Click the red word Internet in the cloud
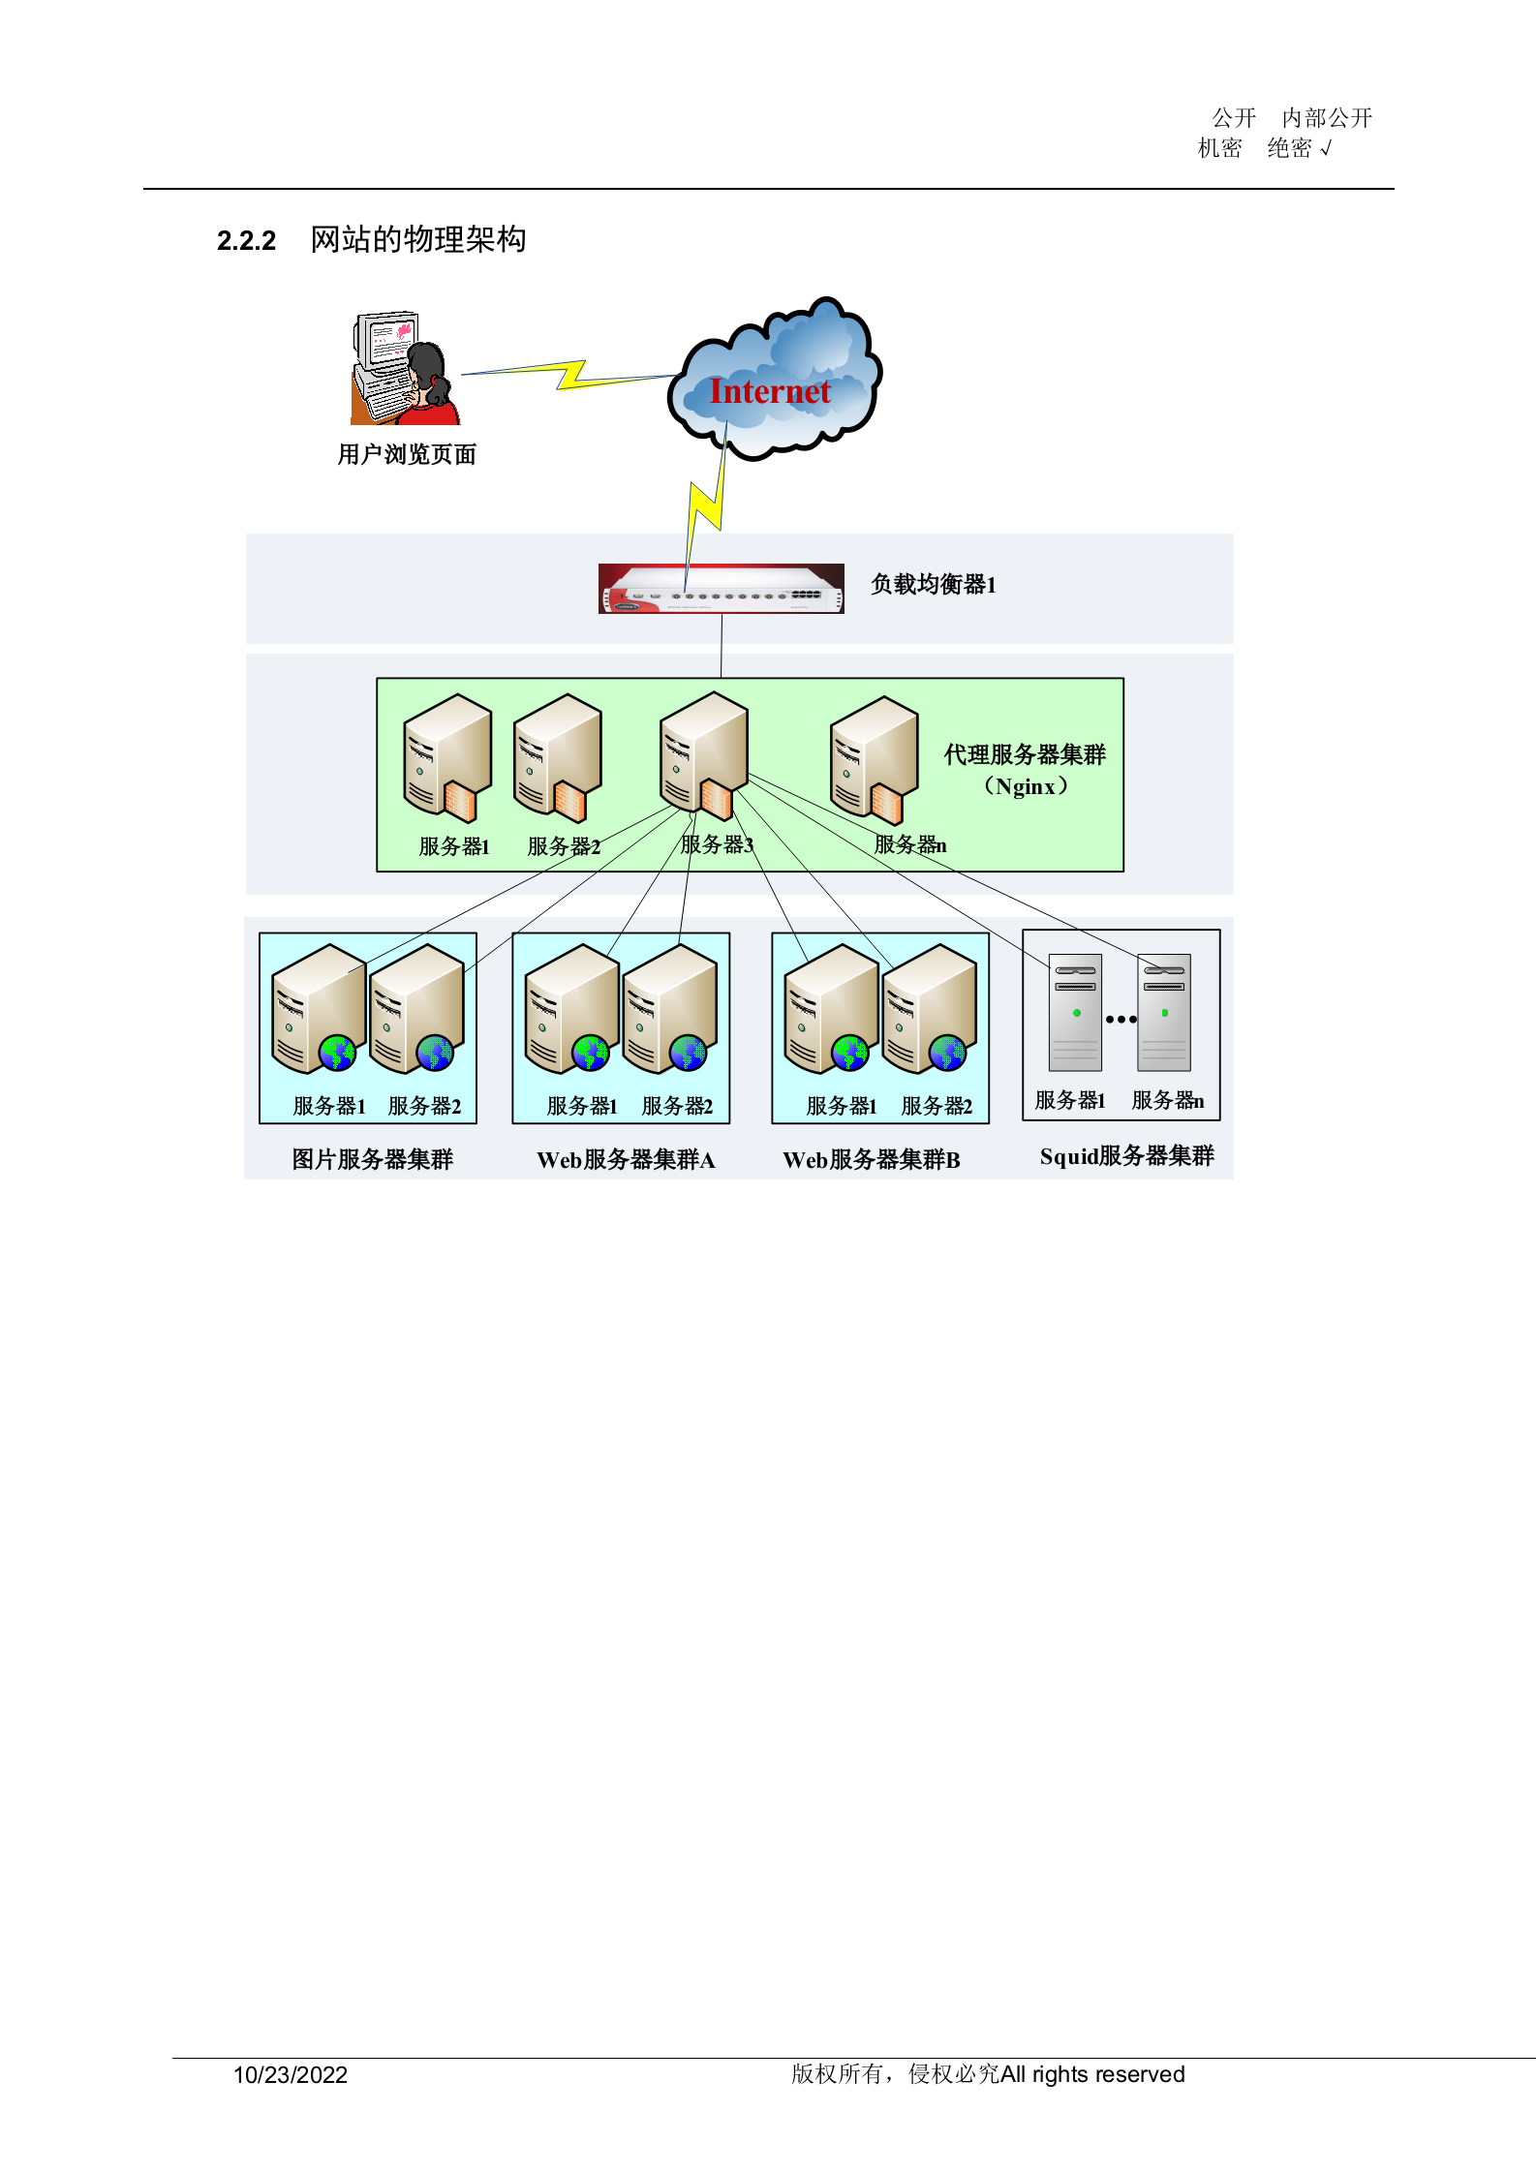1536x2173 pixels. tap(770, 391)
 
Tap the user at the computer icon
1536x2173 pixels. tap(406, 369)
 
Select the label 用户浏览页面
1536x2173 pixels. tap(407, 454)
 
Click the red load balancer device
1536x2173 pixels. tap(722, 589)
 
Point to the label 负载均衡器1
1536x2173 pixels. tap(934, 584)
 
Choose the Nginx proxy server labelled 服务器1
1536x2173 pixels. tap(447, 757)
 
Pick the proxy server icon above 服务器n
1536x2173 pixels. tap(875, 759)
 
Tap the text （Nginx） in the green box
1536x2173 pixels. tap(1026, 786)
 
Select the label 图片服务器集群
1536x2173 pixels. tap(373, 1159)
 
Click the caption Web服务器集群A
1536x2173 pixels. tap(626, 1159)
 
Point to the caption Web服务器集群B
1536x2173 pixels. tap(872, 1159)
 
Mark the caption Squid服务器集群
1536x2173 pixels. tap(1126, 1155)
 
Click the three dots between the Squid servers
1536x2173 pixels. tap(1121, 1019)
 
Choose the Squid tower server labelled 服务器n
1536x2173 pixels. tap(1164, 1012)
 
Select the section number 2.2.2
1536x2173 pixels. tap(246, 240)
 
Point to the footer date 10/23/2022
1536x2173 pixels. tap(291, 2074)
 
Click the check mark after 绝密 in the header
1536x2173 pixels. tap(1327, 148)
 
